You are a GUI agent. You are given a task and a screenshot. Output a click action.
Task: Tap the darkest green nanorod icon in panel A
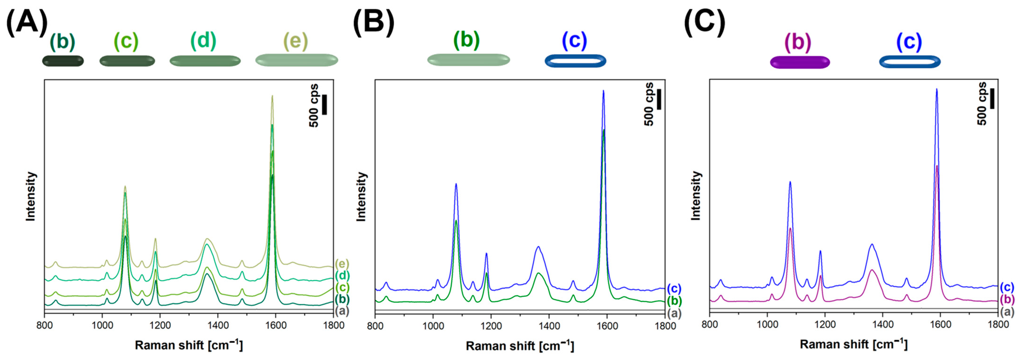tap(63, 61)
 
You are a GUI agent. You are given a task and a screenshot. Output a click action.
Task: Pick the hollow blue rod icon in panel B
tap(575, 61)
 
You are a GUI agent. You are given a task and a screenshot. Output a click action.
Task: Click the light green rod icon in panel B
tap(468, 60)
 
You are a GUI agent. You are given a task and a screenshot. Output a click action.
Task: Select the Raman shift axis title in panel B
tap(520, 346)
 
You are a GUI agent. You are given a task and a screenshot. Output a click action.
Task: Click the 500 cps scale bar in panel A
tap(324, 105)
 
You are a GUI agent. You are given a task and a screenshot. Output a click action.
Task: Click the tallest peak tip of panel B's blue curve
tap(604, 91)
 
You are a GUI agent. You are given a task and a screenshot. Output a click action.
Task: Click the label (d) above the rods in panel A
tap(204, 41)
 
